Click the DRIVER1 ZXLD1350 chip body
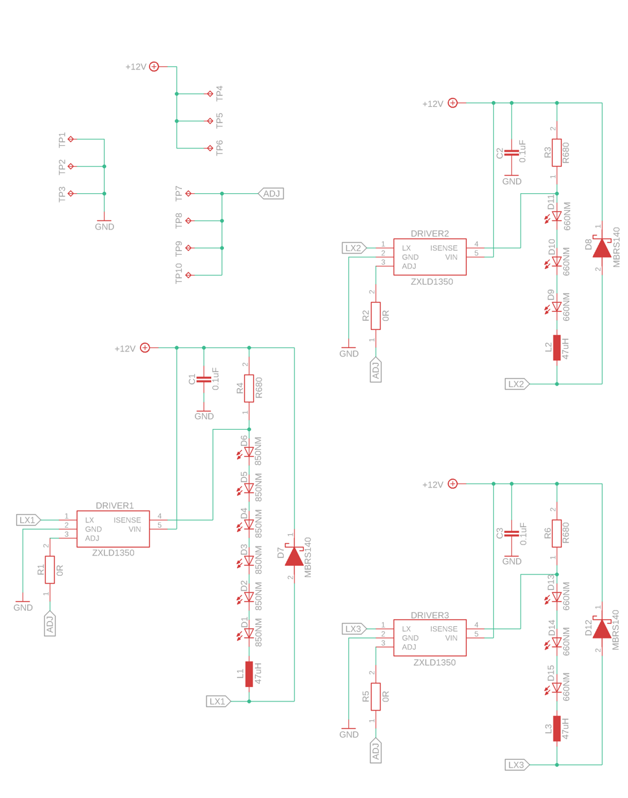(113, 528)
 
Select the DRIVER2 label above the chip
(429, 233)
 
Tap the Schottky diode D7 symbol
(294, 556)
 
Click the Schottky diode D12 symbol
(601, 628)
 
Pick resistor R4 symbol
(249, 388)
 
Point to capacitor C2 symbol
(511, 152)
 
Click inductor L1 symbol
(249, 674)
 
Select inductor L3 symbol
(556, 728)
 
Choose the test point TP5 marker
(210, 121)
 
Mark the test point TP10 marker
(188, 275)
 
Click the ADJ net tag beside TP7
(271, 193)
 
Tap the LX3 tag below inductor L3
(517, 765)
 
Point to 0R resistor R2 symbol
(376, 316)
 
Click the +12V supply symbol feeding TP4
(154, 66)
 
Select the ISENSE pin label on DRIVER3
(443, 629)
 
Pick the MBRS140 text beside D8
(616, 247)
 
